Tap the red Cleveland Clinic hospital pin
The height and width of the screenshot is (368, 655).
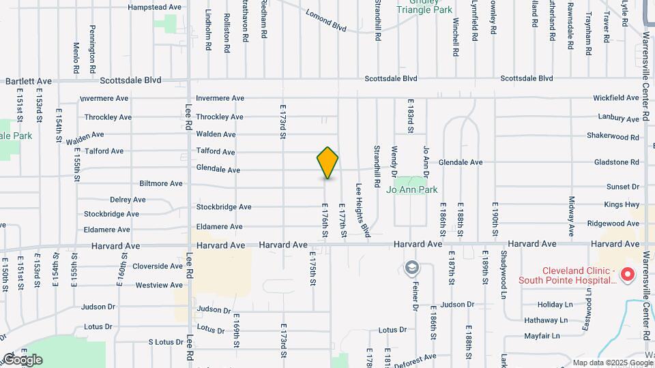(627, 275)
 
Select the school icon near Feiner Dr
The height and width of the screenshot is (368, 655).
(411, 266)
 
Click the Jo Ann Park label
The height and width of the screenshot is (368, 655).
(412, 189)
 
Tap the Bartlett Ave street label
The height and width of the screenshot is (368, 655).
(29, 80)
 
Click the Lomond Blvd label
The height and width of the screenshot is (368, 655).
(326, 21)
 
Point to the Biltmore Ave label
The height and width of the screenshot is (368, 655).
(161, 183)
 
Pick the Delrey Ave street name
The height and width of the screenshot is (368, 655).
(128, 200)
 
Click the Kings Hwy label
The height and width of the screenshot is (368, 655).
(622, 204)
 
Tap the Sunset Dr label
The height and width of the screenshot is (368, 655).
(622, 186)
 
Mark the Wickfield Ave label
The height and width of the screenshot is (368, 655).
(615, 98)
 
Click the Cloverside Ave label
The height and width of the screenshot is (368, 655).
(158, 266)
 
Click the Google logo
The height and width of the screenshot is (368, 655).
(22, 359)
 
